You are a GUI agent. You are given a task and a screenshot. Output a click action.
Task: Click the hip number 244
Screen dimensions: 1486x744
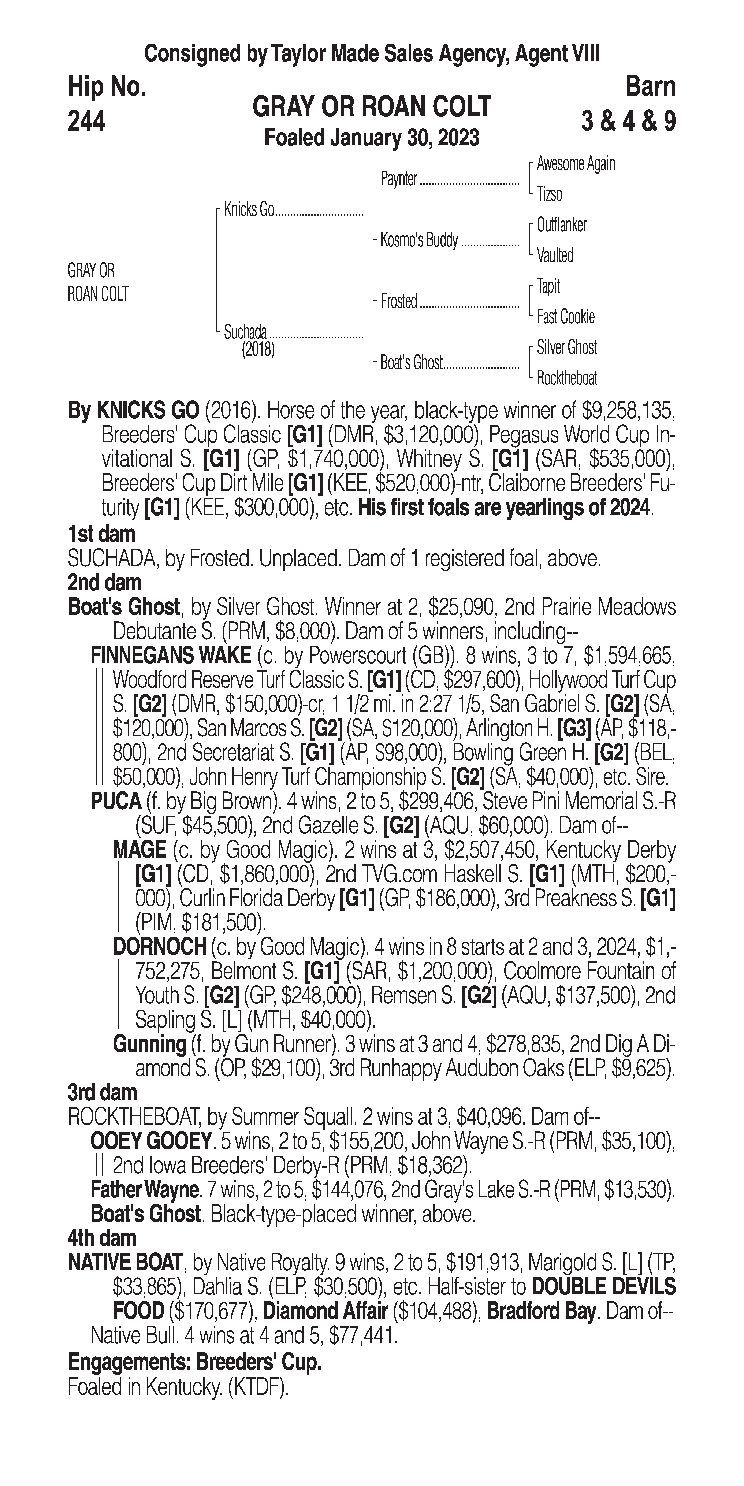coord(86,121)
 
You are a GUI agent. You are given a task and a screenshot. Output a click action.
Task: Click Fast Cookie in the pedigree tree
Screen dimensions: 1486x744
coord(565,317)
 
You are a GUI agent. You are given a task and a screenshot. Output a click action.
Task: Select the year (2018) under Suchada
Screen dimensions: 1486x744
coord(258,350)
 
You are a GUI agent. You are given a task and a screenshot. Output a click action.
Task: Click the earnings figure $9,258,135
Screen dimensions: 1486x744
coord(628,411)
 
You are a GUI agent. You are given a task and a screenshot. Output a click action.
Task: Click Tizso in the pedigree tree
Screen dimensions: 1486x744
coord(549,194)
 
